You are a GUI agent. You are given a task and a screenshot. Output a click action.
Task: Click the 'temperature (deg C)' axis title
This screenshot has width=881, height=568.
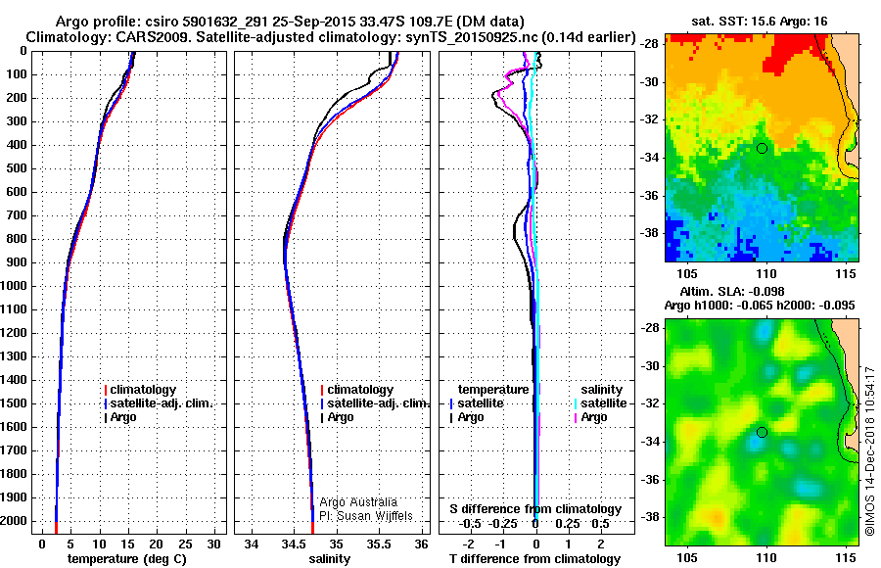(x=126, y=559)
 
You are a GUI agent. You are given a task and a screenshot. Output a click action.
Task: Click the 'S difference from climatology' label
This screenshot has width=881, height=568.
(x=535, y=509)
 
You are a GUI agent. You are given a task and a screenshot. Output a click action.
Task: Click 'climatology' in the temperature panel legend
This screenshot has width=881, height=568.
(x=143, y=390)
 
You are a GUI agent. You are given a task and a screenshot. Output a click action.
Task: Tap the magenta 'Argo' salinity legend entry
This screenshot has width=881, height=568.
(x=592, y=417)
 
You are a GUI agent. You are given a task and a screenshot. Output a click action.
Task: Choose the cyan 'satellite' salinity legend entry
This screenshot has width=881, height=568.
(x=603, y=403)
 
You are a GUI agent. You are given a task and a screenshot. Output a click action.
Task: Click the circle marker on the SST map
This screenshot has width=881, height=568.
(x=762, y=148)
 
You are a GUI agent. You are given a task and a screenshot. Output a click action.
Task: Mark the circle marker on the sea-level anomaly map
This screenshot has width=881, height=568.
(x=762, y=432)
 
